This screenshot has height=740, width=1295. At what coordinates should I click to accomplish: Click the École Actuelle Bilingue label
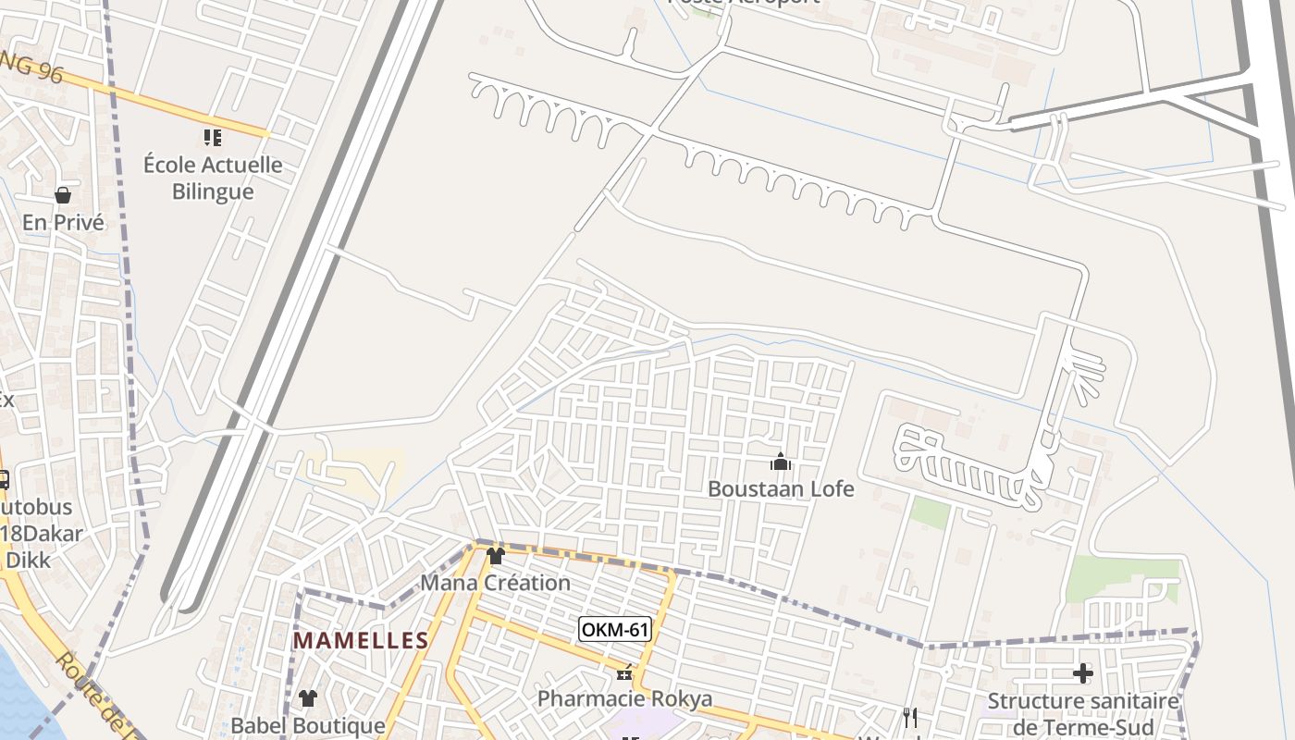pos(213,179)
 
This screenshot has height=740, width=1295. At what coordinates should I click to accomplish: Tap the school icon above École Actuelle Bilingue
pos(213,138)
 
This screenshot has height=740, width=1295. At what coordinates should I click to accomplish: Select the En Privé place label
pos(63,223)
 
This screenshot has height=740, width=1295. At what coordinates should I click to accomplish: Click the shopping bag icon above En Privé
pos(63,195)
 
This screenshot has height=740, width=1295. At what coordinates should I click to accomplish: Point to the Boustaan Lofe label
pos(781,488)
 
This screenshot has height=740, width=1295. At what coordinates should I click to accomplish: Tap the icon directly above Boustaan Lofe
pos(781,461)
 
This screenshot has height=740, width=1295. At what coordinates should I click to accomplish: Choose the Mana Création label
pos(496,583)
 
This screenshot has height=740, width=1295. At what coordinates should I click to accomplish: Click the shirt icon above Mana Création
pos(496,556)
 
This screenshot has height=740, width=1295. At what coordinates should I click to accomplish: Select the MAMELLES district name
pos(361,640)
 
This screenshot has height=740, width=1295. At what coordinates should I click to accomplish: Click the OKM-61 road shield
pos(615,630)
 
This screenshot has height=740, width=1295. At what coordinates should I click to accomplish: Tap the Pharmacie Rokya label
pos(625,698)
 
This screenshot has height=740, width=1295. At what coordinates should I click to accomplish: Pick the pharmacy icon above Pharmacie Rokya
pos(625,672)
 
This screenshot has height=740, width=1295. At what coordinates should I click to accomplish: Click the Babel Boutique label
pos(307,725)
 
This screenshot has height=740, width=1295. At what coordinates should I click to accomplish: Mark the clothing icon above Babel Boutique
pos(307,698)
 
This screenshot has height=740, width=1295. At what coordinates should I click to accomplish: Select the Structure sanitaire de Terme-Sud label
pos(1083,713)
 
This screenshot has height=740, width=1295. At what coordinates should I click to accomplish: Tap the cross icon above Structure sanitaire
pos(1083,673)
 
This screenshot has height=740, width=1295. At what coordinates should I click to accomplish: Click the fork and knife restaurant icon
pos(910,717)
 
